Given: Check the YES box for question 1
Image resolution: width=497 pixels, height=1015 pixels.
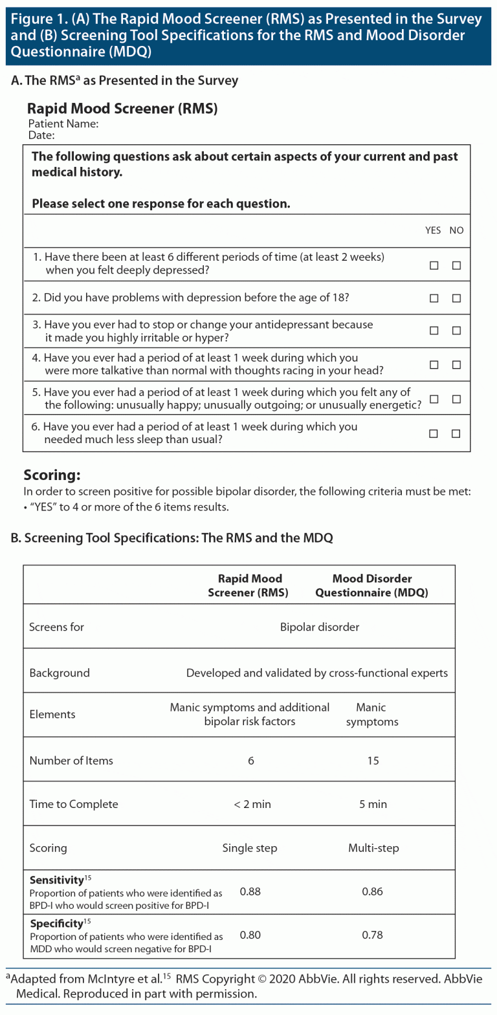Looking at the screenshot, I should (x=434, y=265).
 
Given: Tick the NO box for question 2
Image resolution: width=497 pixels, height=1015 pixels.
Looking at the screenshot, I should (x=456, y=298).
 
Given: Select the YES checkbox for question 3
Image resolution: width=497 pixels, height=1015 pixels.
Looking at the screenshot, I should (x=434, y=331).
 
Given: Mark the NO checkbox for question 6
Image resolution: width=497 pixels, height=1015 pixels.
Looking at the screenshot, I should (x=456, y=433).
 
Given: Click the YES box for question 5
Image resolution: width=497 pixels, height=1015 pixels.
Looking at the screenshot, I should (x=434, y=399).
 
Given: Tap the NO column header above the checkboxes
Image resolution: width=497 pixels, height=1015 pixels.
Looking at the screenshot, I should (x=456, y=230).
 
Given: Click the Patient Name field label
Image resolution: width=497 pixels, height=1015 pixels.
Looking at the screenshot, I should (x=63, y=124).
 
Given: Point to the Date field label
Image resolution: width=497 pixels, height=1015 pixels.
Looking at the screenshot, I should (x=41, y=135).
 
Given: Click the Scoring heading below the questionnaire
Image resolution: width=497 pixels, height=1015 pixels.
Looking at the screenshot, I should (x=52, y=475).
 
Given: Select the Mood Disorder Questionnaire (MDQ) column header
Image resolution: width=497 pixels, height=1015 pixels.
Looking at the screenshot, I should (x=372, y=585).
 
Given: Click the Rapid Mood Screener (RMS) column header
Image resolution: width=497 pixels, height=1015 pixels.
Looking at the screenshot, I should (x=249, y=585).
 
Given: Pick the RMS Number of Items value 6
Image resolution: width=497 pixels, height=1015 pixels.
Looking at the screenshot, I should (x=251, y=761).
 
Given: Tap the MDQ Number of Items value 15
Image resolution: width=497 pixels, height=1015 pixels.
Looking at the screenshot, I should (x=373, y=761).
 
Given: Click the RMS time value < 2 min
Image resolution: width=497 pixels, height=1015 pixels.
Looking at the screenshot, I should (x=252, y=804).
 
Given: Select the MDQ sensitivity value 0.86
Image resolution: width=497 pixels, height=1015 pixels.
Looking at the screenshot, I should (x=372, y=891).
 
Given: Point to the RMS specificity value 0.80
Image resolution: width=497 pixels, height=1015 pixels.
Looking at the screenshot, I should (x=250, y=935).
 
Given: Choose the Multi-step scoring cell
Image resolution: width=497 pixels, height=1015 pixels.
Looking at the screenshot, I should (x=373, y=848).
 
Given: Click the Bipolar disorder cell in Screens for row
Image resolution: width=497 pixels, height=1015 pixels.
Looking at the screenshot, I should (x=320, y=627).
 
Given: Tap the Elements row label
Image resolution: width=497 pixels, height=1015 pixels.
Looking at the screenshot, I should (x=52, y=714).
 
